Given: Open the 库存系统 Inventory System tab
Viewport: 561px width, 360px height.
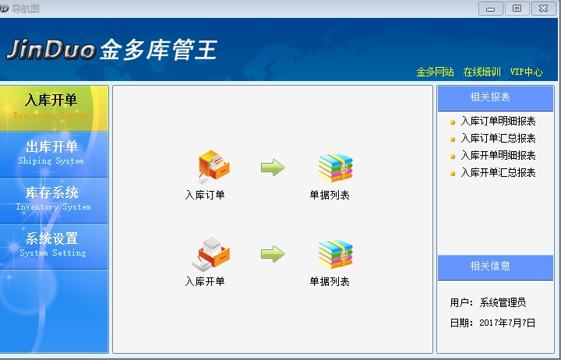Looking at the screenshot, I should (x=52, y=198).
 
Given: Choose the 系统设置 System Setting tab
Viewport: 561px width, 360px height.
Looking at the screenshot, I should (x=52, y=244).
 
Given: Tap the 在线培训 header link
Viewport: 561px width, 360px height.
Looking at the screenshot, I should (x=482, y=72).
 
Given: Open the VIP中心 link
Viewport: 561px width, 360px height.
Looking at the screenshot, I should (x=526, y=72).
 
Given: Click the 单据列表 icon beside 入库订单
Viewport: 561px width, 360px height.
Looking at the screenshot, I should (x=335, y=168).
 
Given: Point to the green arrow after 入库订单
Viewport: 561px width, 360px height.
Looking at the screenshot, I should (x=273, y=168).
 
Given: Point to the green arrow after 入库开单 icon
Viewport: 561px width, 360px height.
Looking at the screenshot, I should (x=273, y=254).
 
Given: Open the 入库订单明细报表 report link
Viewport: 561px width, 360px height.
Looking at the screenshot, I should (x=497, y=122).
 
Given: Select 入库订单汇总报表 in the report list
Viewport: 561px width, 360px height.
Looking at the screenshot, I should (x=497, y=139).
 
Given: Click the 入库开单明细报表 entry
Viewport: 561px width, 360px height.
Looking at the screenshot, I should (x=497, y=156).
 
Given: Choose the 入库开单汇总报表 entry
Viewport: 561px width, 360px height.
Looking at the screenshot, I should (x=497, y=173).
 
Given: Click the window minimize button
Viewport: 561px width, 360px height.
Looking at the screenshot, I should (x=490, y=9).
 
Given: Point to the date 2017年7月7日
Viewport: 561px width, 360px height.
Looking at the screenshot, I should (x=507, y=323).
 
